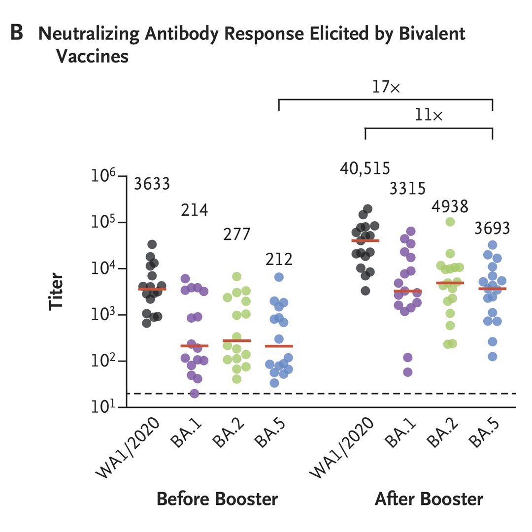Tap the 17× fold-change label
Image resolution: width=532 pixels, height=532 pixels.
pyautogui.click(x=386, y=88)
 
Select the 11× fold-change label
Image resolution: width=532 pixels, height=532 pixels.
pyautogui.click(x=429, y=116)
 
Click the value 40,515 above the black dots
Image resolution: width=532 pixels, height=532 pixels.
pyautogui.click(x=365, y=168)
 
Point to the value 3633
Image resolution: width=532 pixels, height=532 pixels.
pyautogui.click(x=152, y=184)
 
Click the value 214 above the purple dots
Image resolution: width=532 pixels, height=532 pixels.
pyautogui.click(x=194, y=211)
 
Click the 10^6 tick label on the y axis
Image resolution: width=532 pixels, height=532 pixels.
pyautogui.click(x=105, y=176)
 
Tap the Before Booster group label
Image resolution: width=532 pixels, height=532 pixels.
pyautogui.click(x=217, y=499)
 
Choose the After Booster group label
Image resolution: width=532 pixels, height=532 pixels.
pyautogui.click(x=429, y=499)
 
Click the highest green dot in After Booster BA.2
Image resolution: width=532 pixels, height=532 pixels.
pyautogui.click(x=450, y=222)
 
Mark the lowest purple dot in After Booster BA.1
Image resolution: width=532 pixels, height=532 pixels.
pyautogui.click(x=408, y=372)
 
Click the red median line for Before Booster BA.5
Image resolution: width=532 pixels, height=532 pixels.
pyautogui.click(x=279, y=346)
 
